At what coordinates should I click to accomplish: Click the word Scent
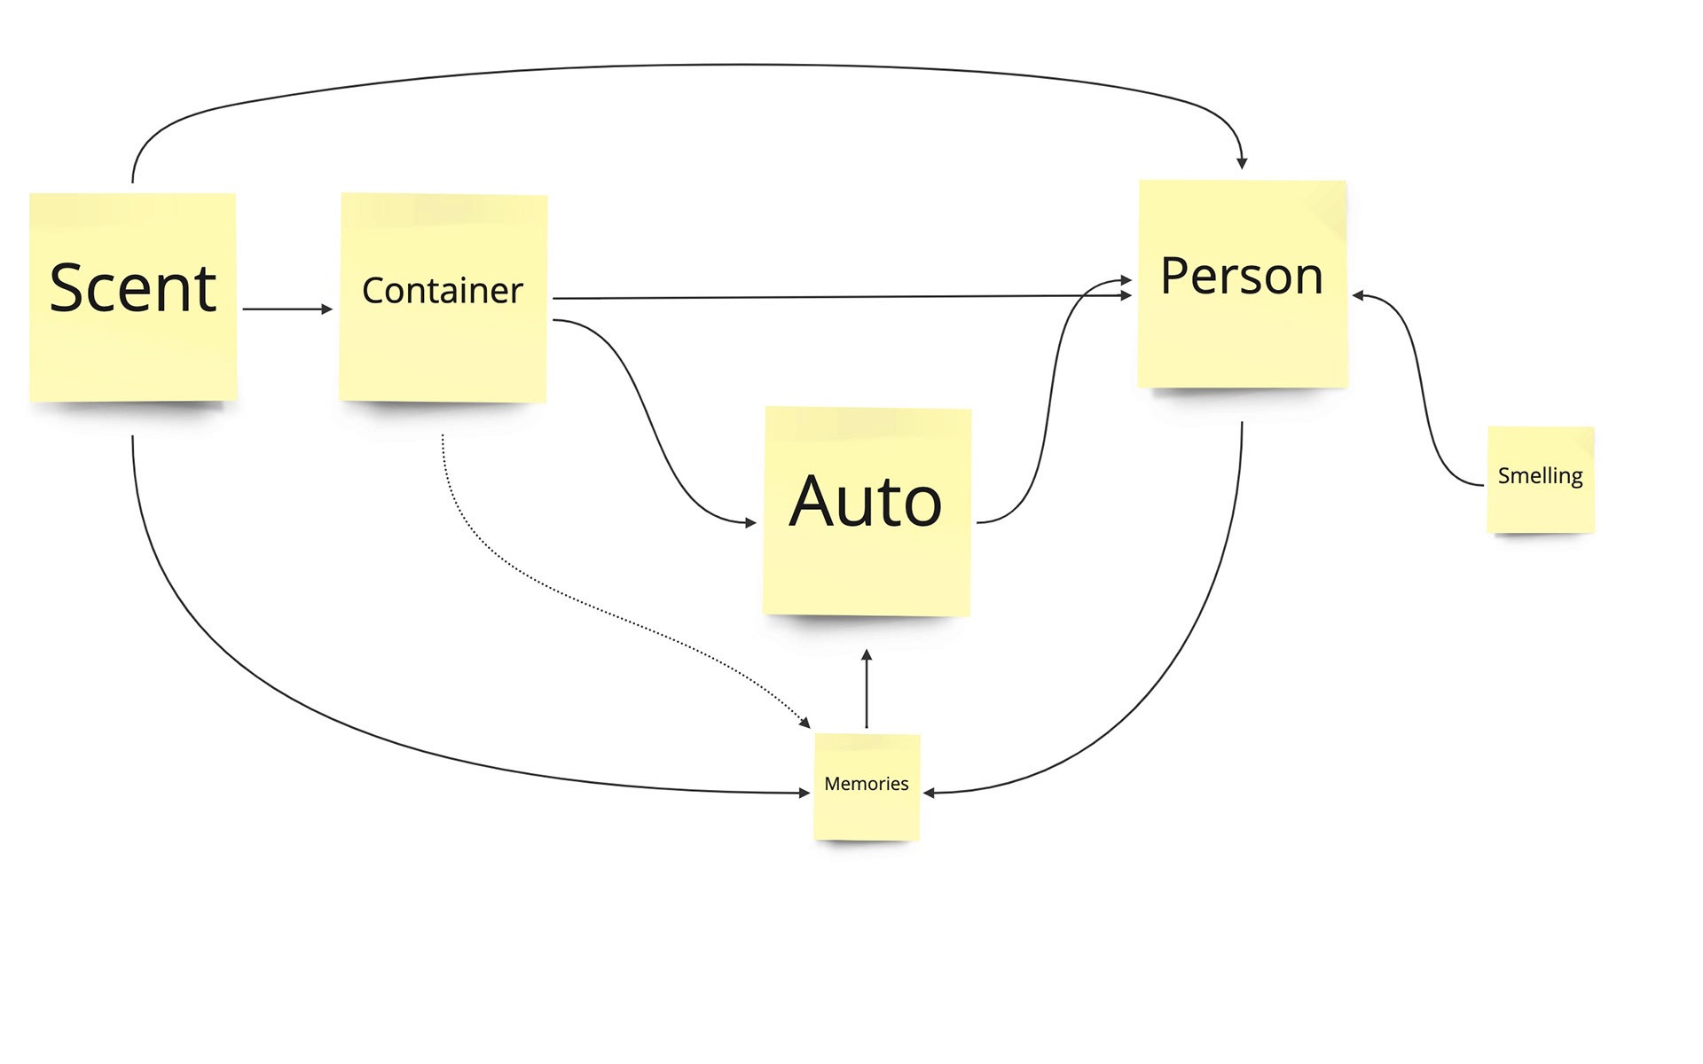[133, 288]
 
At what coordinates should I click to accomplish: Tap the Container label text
[443, 291]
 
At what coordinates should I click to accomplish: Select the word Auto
[866, 501]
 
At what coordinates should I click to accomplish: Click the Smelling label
[1541, 476]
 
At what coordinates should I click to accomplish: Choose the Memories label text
[867, 784]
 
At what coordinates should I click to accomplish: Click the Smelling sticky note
[1541, 480]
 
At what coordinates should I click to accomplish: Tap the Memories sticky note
[867, 787]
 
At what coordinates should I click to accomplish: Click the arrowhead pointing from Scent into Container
[327, 309]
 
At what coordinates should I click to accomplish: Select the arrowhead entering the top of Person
[1242, 163]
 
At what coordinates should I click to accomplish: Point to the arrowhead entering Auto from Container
[751, 523]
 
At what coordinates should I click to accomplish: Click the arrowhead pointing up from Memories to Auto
[867, 654]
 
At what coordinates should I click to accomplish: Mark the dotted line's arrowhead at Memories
[805, 723]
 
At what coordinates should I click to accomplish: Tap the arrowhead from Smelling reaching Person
[1358, 296]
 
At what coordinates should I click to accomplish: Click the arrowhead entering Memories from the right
[930, 793]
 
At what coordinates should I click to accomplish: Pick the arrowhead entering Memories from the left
[804, 793]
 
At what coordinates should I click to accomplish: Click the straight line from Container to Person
[843, 297]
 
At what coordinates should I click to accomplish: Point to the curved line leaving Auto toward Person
[1050, 399]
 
